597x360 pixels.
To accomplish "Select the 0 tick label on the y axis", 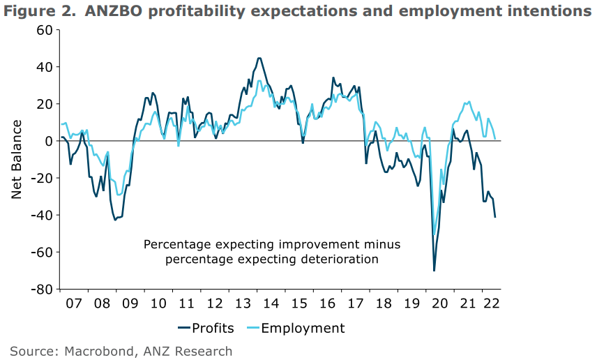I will [49, 141].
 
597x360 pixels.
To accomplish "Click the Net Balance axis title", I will [17, 159].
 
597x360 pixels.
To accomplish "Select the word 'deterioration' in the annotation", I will [337, 259].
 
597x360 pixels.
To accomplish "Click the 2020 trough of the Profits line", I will [434, 271].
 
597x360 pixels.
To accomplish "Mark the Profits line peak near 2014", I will [259, 58].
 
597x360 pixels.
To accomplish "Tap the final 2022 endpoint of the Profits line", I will [495, 217].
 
